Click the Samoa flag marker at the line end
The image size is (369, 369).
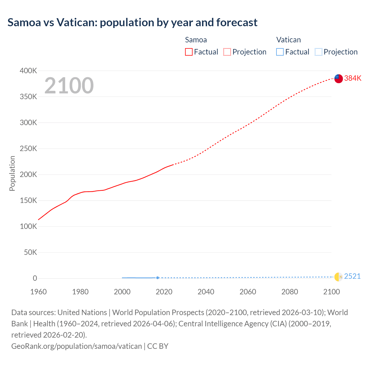click(338, 78)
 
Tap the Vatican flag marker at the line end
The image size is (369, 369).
click(338, 277)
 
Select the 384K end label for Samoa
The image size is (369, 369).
click(353, 78)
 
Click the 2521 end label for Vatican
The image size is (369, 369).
click(352, 276)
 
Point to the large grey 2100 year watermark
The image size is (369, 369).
click(69, 86)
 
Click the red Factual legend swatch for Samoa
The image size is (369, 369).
click(189, 52)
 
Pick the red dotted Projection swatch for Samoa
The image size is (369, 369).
click(227, 52)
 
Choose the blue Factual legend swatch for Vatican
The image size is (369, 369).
click(280, 52)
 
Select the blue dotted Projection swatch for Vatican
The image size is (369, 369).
click(318, 52)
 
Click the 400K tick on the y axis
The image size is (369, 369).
click(28, 71)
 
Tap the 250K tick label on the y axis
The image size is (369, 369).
click(28, 149)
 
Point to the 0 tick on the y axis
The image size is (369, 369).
click(35, 278)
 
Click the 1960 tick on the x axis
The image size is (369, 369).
click(38, 292)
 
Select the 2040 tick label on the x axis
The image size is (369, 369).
click(206, 292)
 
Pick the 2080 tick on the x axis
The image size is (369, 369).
click(290, 292)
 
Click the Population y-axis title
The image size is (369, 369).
click(12, 173)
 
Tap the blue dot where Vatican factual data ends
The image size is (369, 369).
click(157, 278)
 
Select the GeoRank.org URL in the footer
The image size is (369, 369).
click(76, 346)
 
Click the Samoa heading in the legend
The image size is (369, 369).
click(196, 40)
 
